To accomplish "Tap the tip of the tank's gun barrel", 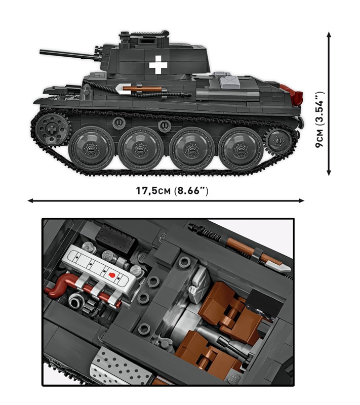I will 42,51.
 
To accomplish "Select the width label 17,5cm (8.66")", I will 172,191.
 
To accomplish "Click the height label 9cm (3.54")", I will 319,120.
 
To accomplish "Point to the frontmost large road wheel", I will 92,149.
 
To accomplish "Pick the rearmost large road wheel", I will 241,149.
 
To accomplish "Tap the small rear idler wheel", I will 277,139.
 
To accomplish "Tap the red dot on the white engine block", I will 113,275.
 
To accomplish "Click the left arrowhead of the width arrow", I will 30,200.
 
